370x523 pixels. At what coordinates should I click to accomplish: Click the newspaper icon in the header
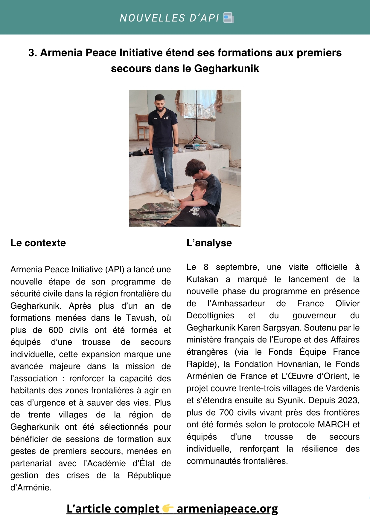(229, 18)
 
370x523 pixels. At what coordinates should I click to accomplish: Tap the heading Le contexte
(38, 243)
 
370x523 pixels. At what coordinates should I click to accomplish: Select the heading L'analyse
(209, 243)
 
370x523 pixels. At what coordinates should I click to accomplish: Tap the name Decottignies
(210, 316)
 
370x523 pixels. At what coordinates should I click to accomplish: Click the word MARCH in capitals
(334, 425)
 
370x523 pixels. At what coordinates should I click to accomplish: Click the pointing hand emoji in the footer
(168, 508)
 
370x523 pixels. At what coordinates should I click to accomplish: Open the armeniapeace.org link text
(227, 509)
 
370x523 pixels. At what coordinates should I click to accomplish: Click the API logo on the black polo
(166, 118)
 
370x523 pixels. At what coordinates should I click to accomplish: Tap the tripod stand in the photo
(196, 120)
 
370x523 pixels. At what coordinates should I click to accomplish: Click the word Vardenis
(342, 389)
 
